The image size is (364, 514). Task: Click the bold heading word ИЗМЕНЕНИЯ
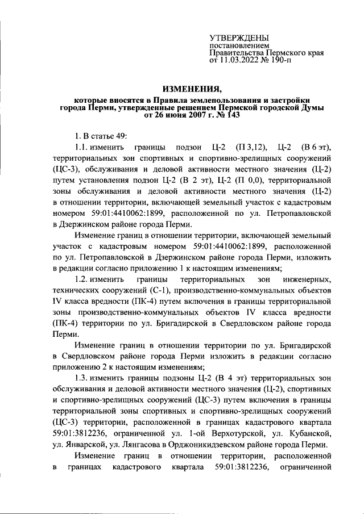192,89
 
